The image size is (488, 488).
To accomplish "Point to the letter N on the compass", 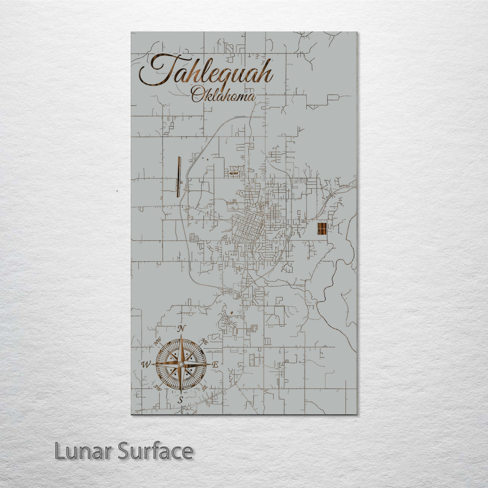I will pyautogui.click(x=181, y=328).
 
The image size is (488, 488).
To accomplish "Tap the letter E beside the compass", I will pyautogui.click(x=216, y=364).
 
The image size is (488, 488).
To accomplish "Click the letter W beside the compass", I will pyautogui.click(x=146, y=364).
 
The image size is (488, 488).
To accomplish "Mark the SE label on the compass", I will pyautogui.click(x=204, y=387).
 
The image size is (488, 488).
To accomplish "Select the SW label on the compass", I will pyautogui.click(x=158, y=387).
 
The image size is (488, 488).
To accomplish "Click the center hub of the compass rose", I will pyautogui.click(x=181, y=364).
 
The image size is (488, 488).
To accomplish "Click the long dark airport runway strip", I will pyautogui.click(x=179, y=177).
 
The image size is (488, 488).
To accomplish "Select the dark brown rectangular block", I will pyautogui.click(x=322, y=229).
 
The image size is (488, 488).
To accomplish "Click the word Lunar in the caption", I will pyautogui.click(x=83, y=451).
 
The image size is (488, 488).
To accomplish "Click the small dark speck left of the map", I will pyautogui.click(x=117, y=191).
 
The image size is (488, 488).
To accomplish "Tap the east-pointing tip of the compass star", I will pyautogui.click(x=209, y=364).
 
